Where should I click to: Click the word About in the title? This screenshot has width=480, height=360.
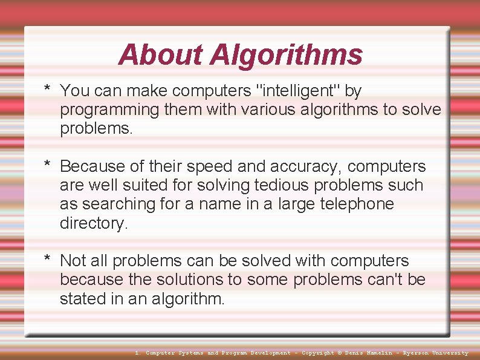click(x=161, y=54)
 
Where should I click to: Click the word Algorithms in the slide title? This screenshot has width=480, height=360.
click(x=286, y=54)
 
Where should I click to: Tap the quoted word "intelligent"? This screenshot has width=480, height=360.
click(x=299, y=91)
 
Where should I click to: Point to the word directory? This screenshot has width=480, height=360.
click(x=94, y=223)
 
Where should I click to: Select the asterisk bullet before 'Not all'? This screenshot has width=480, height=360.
click(x=47, y=260)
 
